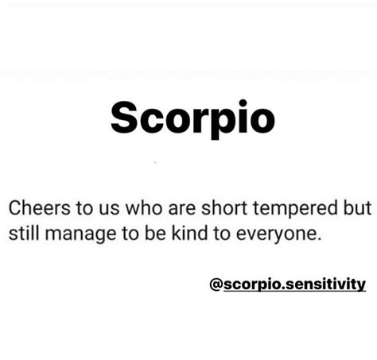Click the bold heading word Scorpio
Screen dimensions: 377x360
tap(192, 118)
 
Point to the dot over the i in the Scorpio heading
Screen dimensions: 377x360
tap(243, 103)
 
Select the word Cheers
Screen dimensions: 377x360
tap(40, 207)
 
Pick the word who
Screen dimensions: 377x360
tap(143, 207)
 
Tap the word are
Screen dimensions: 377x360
tap(182, 209)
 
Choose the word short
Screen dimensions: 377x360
tap(224, 207)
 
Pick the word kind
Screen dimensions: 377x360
tap(189, 234)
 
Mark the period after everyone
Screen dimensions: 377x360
tap(319, 239)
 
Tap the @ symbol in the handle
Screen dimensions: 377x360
tap(216, 285)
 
